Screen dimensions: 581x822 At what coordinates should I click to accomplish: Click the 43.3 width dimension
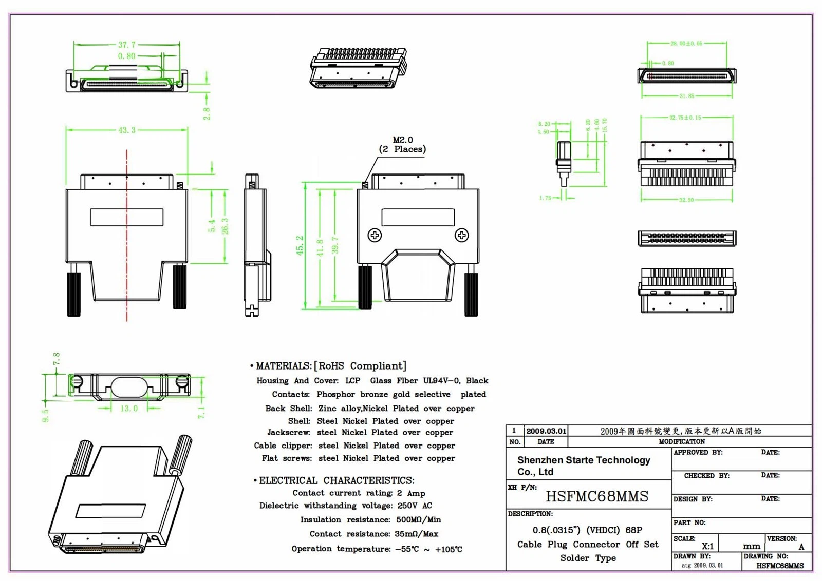[x=126, y=130]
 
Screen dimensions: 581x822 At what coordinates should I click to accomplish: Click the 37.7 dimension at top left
[x=126, y=45]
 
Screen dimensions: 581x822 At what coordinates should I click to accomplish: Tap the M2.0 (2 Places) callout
[x=402, y=145]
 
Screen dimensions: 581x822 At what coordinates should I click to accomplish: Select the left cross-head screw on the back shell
[x=375, y=235]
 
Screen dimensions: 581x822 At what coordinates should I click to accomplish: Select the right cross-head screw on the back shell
[x=461, y=235]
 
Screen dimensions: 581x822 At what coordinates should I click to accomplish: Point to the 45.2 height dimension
[x=300, y=245]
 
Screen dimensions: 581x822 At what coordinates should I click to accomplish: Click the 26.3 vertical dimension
[x=225, y=226]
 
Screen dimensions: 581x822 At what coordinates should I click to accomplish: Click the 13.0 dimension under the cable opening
[x=128, y=409]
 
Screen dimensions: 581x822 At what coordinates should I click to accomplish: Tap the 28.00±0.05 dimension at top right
[x=686, y=44]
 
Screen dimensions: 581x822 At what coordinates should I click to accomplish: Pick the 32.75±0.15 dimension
[x=685, y=118]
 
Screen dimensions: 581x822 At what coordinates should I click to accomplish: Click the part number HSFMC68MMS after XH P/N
[x=596, y=496]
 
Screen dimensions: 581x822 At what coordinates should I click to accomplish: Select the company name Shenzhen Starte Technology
[x=584, y=460]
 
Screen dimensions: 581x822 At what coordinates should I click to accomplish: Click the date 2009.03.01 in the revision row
[x=546, y=431]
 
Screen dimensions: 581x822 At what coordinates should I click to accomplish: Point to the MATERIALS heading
[x=284, y=366]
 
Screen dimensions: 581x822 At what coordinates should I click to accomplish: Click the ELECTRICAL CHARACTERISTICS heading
[x=337, y=480]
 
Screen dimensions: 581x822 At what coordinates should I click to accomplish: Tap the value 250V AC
[x=415, y=506]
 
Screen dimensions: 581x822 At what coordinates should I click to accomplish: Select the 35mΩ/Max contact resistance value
[x=416, y=534]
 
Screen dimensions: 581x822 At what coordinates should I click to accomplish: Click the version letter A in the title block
[x=801, y=547]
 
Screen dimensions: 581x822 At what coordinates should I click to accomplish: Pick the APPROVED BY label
[x=698, y=452]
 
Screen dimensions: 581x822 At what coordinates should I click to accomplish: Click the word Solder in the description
[x=574, y=558]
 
